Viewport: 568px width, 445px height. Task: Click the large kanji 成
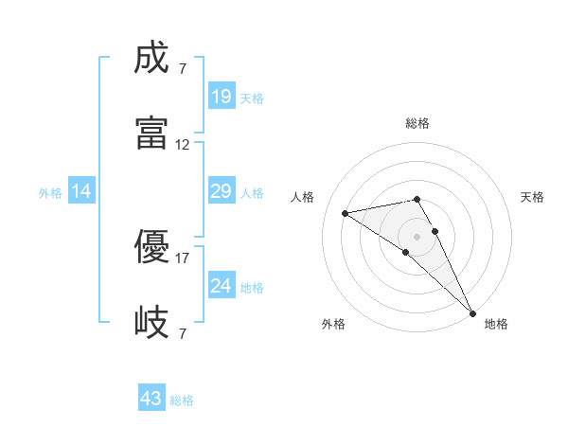(x=152, y=59)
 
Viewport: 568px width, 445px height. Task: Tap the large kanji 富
(x=152, y=133)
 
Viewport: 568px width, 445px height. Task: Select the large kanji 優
(x=152, y=248)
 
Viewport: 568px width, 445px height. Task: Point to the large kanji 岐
(x=152, y=322)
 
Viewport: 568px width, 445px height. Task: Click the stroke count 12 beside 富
(x=183, y=145)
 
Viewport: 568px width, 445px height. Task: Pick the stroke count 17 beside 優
(x=183, y=258)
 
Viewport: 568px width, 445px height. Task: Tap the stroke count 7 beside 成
(x=182, y=69)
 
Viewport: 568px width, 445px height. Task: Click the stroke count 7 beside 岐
(x=182, y=333)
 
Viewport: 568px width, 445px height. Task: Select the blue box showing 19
(x=221, y=96)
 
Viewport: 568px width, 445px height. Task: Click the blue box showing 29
(x=221, y=191)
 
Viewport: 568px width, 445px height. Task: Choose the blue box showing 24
(x=221, y=285)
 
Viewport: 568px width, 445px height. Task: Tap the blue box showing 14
(x=81, y=191)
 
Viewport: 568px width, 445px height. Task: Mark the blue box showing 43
(x=151, y=399)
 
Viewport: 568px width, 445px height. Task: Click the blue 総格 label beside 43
(x=182, y=400)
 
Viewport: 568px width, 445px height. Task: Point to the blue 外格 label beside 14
(x=50, y=193)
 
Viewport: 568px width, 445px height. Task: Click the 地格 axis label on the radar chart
(x=496, y=324)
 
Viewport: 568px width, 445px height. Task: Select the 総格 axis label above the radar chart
(x=417, y=123)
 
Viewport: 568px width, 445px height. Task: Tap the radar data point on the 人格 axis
(x=346, y=213)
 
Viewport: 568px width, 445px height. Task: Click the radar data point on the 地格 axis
(x=473, y=313)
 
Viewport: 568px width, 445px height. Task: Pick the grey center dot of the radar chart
(x=417, y=235)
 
